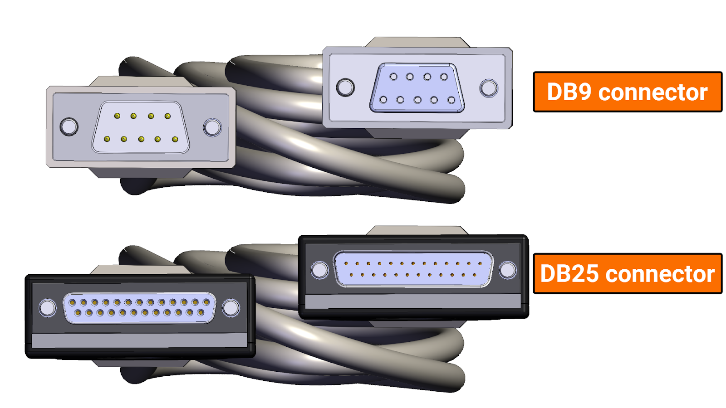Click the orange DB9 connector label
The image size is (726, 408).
(x=628, y=92)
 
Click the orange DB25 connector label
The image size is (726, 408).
(x=628, y=274)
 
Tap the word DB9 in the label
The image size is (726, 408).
(x=570, y=92)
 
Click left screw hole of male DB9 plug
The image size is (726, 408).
(x=69, y=126)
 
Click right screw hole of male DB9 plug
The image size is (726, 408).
(x=212, y=127)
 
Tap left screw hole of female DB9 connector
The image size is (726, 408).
(x=345, y=87)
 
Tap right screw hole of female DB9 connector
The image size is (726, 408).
(x=489, y=88)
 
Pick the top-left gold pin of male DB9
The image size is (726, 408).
(x=118, y=116)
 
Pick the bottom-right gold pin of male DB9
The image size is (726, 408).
(x=175, y=140)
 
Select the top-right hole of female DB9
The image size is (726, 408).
(x=444, y=77)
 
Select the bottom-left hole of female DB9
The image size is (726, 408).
(x=383, y=100)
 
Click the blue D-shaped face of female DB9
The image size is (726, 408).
(x=417, y=88)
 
